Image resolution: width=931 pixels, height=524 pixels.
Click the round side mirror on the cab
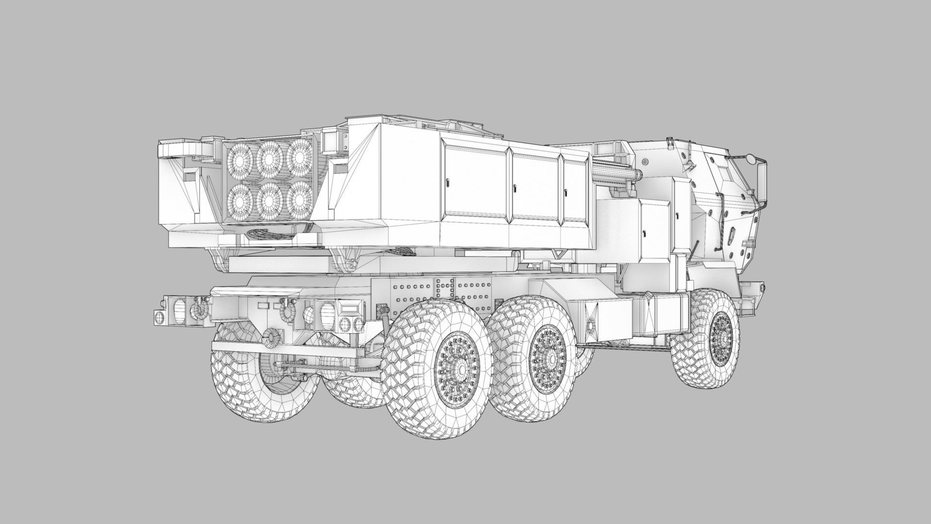(x=750, y=158)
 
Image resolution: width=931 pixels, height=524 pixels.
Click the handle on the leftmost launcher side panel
(x=448, y=183)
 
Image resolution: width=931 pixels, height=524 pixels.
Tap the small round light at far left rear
(x=159, y=317)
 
